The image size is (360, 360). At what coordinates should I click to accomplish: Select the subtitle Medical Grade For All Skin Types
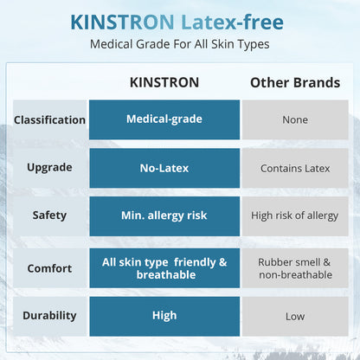(x=179, y=44)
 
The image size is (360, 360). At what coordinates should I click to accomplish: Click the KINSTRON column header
(x=164, y=83)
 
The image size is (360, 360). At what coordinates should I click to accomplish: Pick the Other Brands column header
(x=294, y=83)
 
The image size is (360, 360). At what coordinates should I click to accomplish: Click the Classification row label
(x=49, y=120)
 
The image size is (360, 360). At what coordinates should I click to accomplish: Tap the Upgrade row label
(x=49, y=168)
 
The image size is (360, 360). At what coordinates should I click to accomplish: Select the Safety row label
(x=49, y=215)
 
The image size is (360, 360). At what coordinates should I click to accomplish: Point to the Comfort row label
(x=49, y=268)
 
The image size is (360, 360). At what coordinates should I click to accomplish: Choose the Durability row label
(x=49, y=316)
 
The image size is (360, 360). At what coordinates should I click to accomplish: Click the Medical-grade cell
(x=164, y=119)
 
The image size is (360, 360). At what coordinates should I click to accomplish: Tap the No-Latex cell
(x=164, y=168)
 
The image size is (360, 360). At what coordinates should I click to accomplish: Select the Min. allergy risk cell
(x=164, y=215)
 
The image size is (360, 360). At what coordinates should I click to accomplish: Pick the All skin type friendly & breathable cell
(x=164, y=268)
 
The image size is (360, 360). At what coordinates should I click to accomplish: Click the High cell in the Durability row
(x=164, y=316)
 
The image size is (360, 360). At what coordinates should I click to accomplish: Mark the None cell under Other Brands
(x=294, y=120)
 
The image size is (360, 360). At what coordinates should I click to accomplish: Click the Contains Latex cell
(x=294, y=168)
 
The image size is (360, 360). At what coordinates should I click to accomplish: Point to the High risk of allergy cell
(x=294, y=215)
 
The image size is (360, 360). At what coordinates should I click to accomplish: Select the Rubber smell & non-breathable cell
(x=294, y=268)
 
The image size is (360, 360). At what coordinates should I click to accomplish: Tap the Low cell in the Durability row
(x=294, y=317)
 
